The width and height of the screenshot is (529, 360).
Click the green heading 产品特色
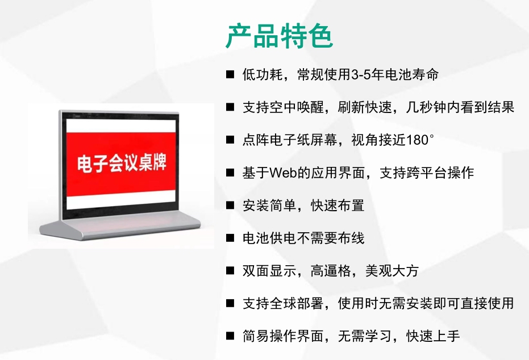[280, 36]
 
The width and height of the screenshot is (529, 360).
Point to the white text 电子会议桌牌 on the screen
[122, 163]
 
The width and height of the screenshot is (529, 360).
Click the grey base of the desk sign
[120, 228]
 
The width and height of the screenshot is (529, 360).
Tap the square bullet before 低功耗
[230, 74]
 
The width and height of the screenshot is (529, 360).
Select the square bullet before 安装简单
[230, 206]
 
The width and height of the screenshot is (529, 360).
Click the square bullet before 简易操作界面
[230, 336]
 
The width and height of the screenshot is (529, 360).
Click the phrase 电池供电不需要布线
[303, 238]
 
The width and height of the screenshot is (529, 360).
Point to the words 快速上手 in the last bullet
[433, 336]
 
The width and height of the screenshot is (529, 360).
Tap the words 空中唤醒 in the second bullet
[297, 107]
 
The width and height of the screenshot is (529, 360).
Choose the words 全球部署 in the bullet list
[297, 303]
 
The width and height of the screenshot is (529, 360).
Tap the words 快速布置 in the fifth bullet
[338, 206]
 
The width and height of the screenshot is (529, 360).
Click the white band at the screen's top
[121, 126]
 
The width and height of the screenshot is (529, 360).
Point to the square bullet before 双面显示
[230, 271]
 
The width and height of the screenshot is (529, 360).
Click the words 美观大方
[392, 271]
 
